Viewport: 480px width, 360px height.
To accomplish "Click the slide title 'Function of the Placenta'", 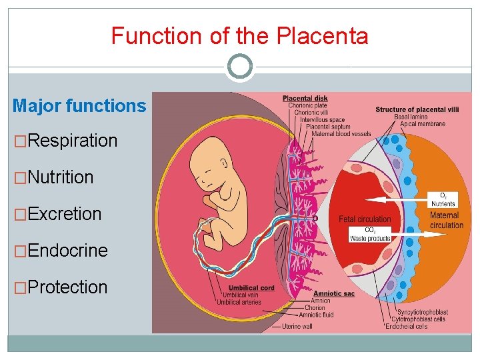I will [239, 35].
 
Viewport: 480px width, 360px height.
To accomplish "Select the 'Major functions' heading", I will [79, 105].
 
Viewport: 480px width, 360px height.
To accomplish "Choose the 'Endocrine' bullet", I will [67, 251].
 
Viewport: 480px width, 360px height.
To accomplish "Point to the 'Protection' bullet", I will [67, 287].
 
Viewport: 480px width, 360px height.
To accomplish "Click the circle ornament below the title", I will [239, 67].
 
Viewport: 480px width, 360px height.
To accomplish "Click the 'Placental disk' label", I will [305, 99].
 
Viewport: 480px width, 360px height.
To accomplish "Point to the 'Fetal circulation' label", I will [365, 219].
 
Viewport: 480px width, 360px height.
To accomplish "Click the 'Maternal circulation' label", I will [446, 220].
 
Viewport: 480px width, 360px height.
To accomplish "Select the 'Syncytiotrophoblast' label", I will [422, 312].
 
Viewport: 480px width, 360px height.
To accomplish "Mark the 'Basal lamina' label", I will [411, 117].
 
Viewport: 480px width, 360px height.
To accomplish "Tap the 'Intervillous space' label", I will [323, 120].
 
